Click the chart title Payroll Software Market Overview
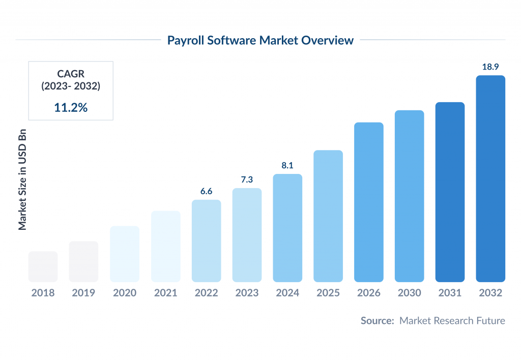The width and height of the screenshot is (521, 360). point(260,41)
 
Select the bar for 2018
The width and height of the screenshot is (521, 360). point(43,266)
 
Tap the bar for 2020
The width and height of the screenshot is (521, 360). point(125,254)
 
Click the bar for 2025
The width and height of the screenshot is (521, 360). point(328,216)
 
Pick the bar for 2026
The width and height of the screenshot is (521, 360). point(369,202)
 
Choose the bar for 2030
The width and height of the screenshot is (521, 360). point(410,196)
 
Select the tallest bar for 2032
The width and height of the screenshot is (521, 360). point(490,178)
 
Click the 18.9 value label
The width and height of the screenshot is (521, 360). point(490,67)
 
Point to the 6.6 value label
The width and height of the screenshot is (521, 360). point(206,191)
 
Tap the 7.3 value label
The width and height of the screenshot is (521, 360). point(247,180)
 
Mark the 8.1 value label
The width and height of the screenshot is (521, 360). point(287,165)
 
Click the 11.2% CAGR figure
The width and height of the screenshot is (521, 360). point(71,107)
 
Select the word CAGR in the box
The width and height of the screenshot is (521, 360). point(71,74)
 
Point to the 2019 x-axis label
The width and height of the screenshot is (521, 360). point(84,293)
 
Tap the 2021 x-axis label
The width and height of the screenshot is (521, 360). point(165,293)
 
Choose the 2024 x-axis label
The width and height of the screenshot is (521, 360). point(287,293)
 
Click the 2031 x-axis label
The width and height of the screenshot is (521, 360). point(450,293)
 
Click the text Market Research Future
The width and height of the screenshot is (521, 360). point(452,321)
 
